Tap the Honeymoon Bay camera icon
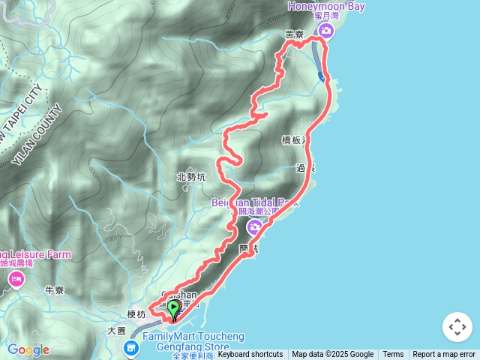pyautogui.click(x=325, y=30)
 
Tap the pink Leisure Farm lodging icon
pyautogui.click(x=16, y=280)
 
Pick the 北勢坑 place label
pyautogui.click(x=190, y=178)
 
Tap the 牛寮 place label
pyautogui.click(x=54, y=289)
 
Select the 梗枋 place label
pyautogui.click(x=136, y=313)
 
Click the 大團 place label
pyautogui.click(x=116, y=330)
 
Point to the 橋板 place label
pyautogui.click(x=294, y=140)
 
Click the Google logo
pyautogui.click(x=28, y=349)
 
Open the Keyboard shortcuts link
pyautogui.click(x=250, y=355)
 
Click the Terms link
pyautogui.click(x=393, y=355)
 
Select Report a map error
pyautogui.click(x=444, y=355)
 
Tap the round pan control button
pyautogui.click(x=457, y=327)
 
